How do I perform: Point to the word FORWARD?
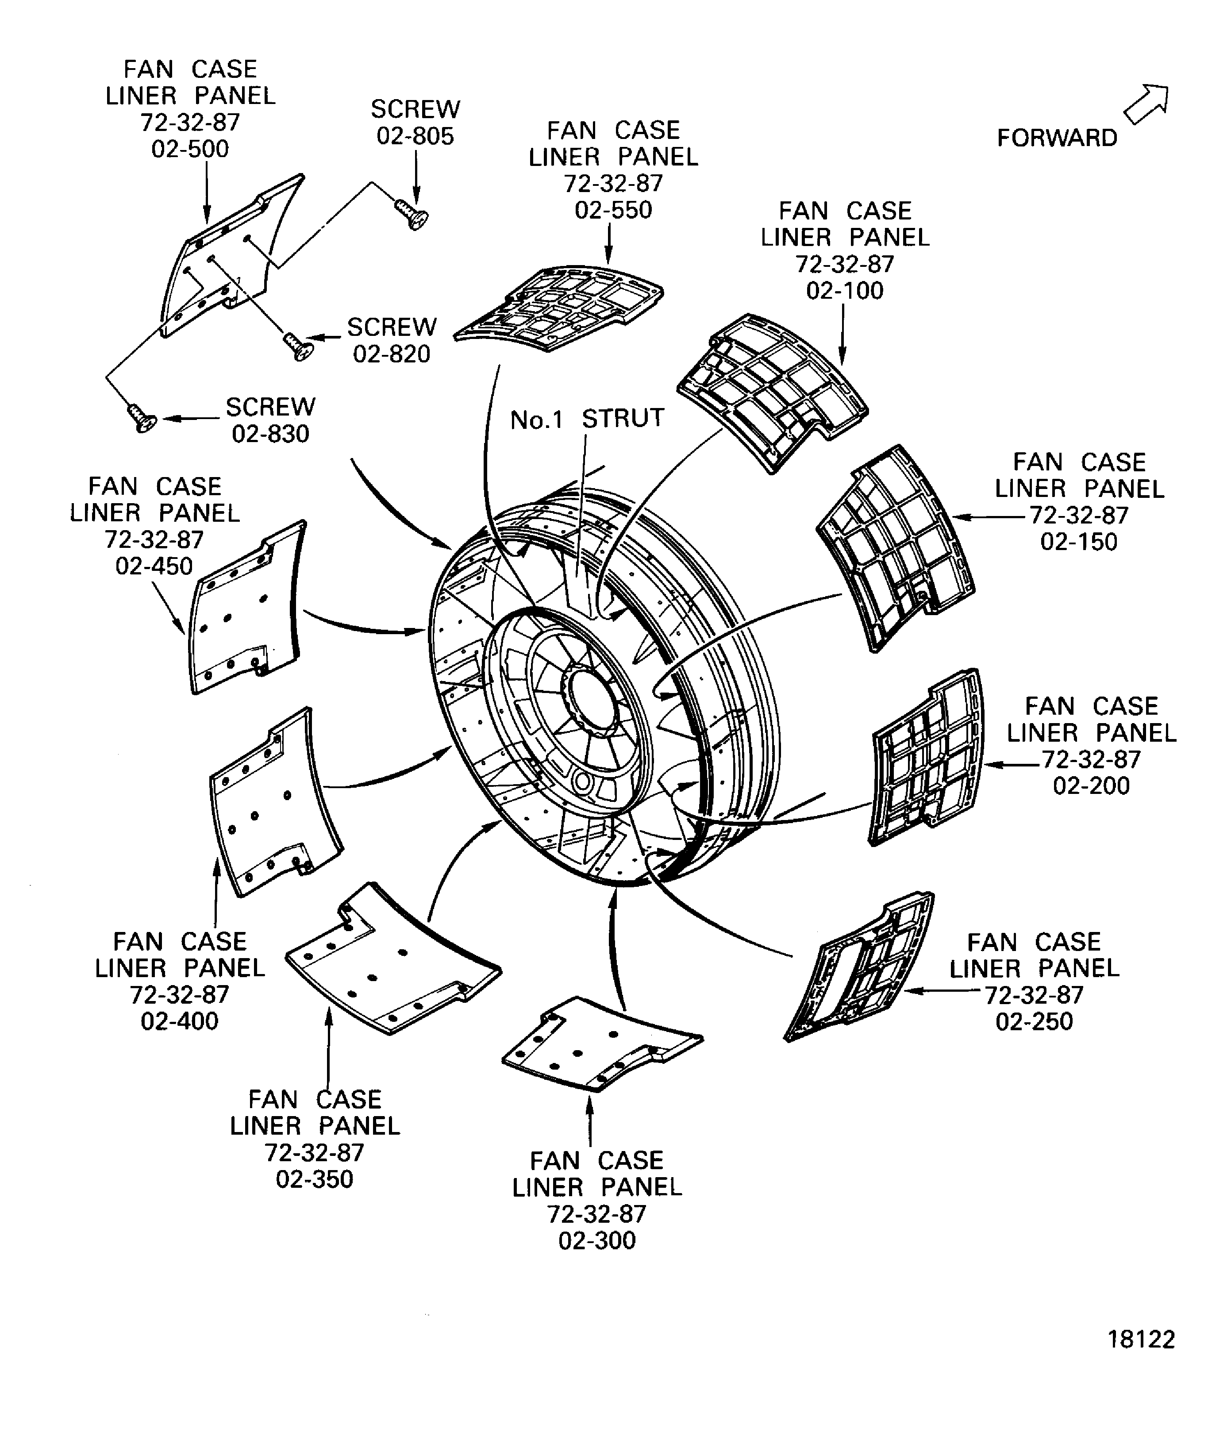coord(1057,138)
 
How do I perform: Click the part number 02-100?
coord(844,290)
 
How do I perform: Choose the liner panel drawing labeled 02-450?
coord(244,608)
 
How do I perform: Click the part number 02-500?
coord(190,149)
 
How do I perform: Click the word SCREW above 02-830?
coord(270,407)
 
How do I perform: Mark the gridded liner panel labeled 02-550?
coord(560,306)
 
